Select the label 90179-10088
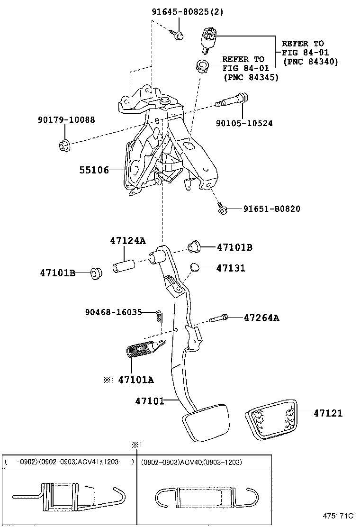(x=66, y=120)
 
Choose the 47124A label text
(x=127, y=241)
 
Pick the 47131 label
(x=231, y=268)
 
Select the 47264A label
(x=261, y=318)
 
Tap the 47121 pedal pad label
(x=328, y=413)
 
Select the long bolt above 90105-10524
(x=231, y=101)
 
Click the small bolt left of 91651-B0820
(x=222, y=208)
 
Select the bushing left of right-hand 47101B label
(x=194, y=247)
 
